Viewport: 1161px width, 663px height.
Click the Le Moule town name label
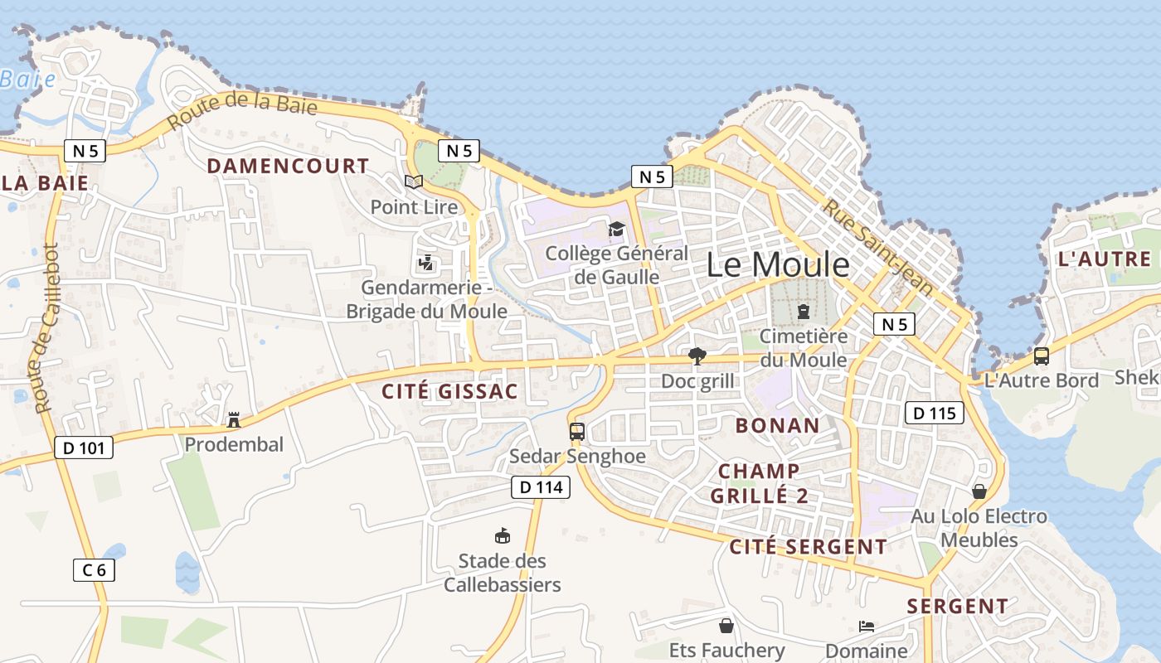[778, 265]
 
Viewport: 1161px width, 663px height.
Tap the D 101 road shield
[83, 448]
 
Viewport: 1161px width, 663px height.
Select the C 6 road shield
[94, 569]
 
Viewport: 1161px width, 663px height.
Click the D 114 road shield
[541, 487]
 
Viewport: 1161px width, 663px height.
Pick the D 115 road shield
[934, 413]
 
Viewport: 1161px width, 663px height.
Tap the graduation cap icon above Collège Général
[616, 229]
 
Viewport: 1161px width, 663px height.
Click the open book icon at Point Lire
[413, 181]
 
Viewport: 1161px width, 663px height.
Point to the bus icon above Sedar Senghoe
[577, 432]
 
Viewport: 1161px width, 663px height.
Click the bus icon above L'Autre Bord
[1041, 356]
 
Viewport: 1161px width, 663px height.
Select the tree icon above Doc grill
[697, 356]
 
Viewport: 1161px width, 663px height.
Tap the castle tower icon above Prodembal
[234, 419]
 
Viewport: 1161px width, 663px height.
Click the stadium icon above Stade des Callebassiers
[502, 536]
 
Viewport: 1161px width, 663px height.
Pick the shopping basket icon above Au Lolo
[979, 491]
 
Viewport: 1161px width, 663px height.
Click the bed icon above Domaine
[867, 627]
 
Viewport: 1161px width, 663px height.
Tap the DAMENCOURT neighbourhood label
[288, 166]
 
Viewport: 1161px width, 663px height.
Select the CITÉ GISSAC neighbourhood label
[449, 392]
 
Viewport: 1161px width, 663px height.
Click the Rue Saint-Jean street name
[877, 247]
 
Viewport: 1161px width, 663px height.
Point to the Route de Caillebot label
[46, 327]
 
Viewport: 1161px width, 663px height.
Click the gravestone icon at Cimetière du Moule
[803, 312]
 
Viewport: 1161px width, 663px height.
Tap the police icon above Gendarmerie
[426, 264]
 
